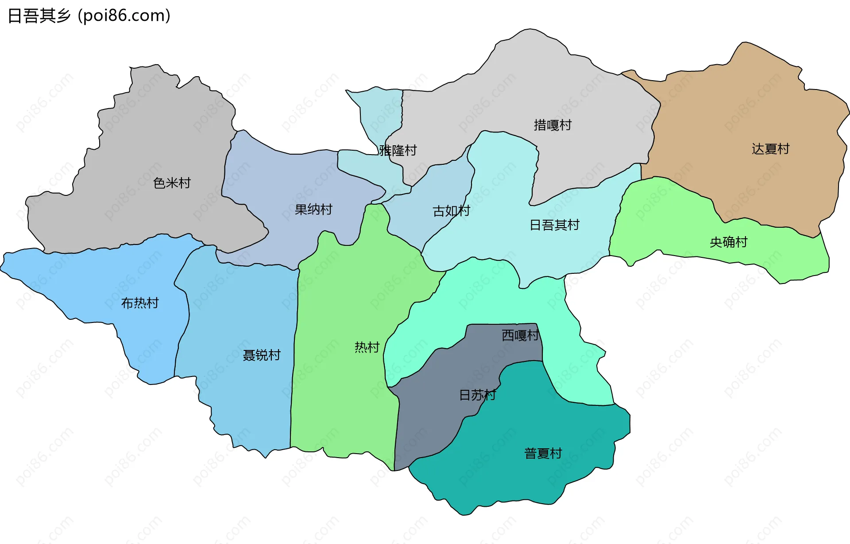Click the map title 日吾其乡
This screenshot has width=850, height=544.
39,16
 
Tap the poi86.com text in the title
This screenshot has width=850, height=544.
124,16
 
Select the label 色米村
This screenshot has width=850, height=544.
172,183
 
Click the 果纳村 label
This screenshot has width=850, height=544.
313,210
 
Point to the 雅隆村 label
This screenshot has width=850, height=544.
398,151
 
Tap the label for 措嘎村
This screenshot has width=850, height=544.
552,125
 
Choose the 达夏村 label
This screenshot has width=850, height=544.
770,149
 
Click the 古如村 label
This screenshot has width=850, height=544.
451,211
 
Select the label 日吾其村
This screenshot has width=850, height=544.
554,225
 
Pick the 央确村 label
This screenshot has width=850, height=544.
728,242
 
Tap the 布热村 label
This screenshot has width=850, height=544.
140,303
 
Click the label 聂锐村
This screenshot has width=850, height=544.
261,355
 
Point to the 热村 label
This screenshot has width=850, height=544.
367,347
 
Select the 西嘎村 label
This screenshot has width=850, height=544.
520,335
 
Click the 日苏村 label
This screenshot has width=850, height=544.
477,395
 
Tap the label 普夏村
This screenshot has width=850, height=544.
543,453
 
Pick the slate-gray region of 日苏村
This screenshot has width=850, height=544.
425,425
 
